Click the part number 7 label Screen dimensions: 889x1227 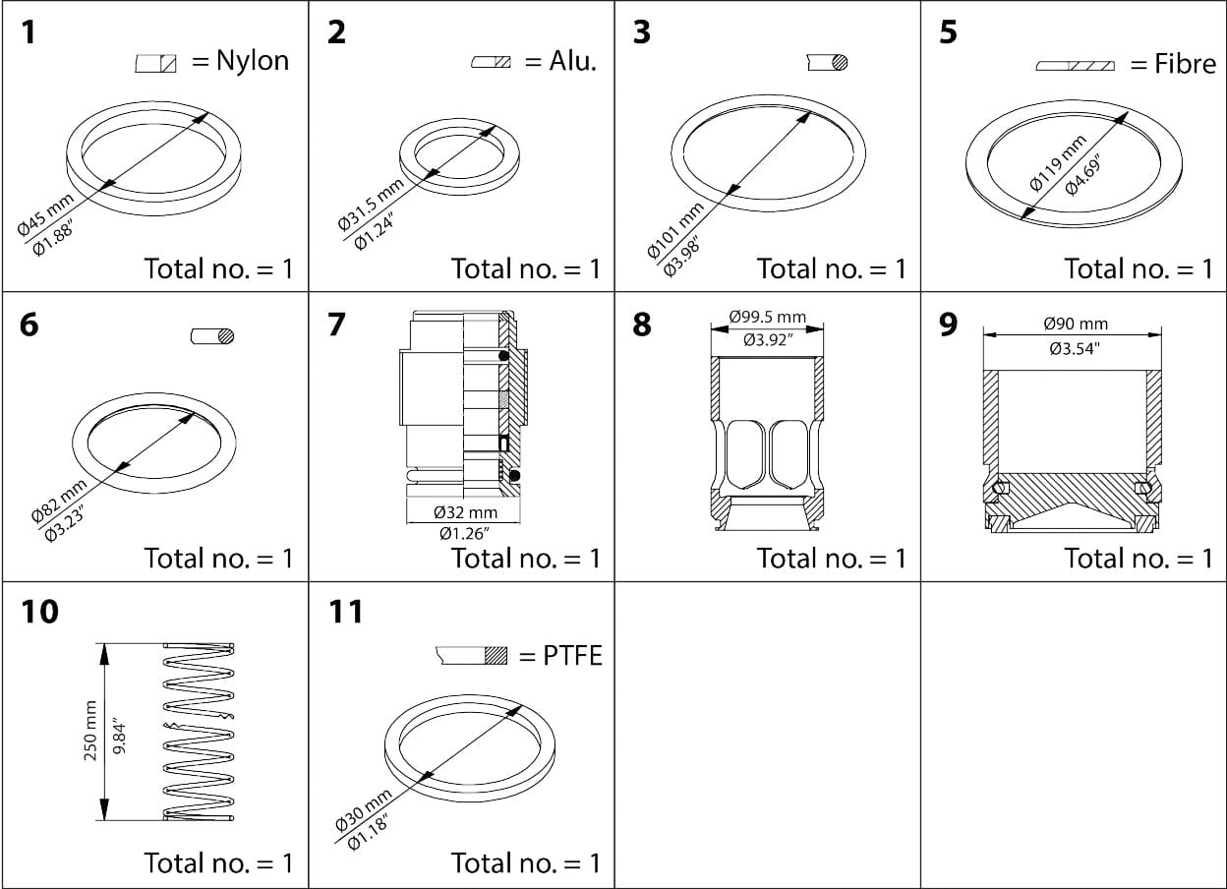click(x=336, y=324)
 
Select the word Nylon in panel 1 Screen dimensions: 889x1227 click(x=253, y=61)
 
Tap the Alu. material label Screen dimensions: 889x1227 click(x=572, y=62)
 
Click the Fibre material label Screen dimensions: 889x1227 click(x=1186, y=65)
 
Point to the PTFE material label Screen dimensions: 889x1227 click(x=572, y=656)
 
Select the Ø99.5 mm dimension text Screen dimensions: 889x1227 click(x=767, y=318)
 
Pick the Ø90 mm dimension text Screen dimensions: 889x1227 click(x=1075, y=324)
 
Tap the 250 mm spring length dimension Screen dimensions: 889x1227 click(x=91, y=730)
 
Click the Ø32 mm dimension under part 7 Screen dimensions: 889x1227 click(x=465, y=512)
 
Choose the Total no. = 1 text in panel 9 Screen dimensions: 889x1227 click(x=1139, y=559)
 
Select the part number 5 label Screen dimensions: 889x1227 click(x=949, y=33)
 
